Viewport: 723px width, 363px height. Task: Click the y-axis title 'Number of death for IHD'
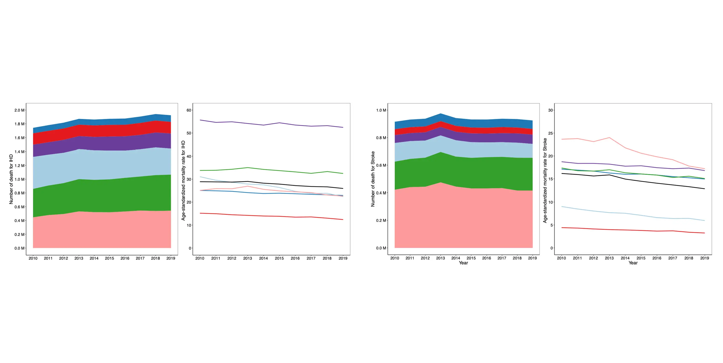click(x=11, y=179)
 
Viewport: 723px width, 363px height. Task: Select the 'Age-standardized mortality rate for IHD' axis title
click(x=183, y=181)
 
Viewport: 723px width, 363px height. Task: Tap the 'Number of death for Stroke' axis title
click(x=373, y=179)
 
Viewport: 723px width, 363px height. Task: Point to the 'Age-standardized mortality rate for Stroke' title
click(x=545, y=181)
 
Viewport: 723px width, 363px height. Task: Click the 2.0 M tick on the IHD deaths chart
click(x=19, y=110)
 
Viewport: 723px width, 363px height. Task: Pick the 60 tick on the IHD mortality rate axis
click(x=189, y=110)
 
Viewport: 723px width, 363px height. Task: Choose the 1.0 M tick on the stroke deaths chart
click(x=381, y=110)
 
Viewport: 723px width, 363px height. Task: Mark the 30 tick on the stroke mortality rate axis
click(x=550, y=110)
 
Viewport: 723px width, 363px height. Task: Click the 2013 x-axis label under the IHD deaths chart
click(x=79, y=258)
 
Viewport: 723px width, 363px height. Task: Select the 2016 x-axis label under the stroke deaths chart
click(x=486, y=258)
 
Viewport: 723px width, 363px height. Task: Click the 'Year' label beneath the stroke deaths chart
click(x=463, y=263)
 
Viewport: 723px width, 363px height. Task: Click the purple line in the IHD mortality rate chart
click(x=263, y=125)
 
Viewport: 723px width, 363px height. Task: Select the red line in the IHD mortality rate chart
click(x=263, y=216)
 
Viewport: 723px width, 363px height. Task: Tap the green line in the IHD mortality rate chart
click(x=263, y=169)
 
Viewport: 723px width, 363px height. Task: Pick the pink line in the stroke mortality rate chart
click(x=625, y=148)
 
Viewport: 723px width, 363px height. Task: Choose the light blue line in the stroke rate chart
click(x=625, y=214)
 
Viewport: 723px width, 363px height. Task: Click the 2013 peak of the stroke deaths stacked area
click(x=440, y=114)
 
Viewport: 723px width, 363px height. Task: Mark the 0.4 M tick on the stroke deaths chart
click(x=381, y=193)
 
